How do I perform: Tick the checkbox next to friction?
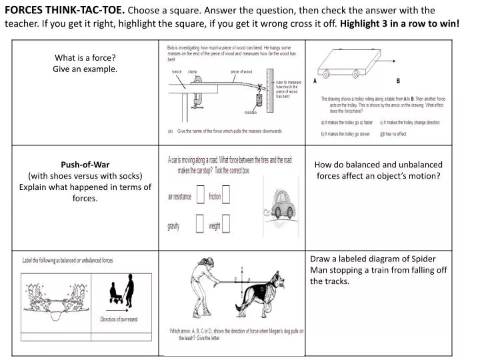coord(226,196)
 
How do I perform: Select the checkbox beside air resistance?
coord(200,197)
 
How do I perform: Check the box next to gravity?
coord(200,225)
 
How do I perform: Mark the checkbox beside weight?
coord(226,225)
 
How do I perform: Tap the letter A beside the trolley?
coord(315,81)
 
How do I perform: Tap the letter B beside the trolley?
coord(398,81)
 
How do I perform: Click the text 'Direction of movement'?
coord(119,320)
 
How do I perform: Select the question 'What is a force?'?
coord(85,57)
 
